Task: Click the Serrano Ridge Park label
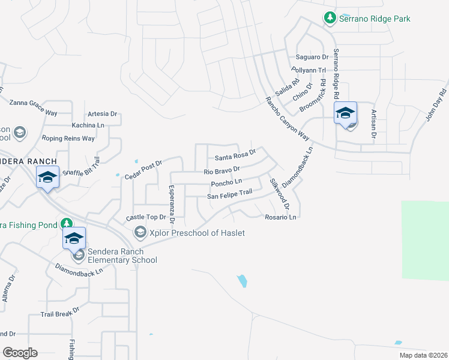(x=375, y=19)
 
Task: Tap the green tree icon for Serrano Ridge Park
(x=330, y=19)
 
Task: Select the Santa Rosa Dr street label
(x=235, y=157)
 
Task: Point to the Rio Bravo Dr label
(x=222, y=171)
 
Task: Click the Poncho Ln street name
(x=231, y=182)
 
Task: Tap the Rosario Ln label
(x=281, y=217)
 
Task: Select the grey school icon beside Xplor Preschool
(x=140, y=232)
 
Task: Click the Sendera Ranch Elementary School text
(x=122, y=256)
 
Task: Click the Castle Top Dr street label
(x=145, y=217)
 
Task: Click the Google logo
(x=20, y=353)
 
